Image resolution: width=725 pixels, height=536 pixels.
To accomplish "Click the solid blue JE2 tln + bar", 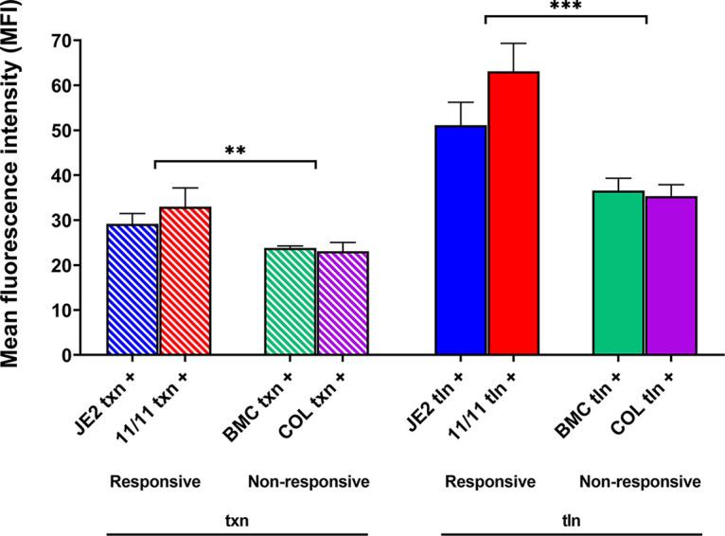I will [x=460, y=241].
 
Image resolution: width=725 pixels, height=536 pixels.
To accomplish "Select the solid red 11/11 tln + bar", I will [x=512, y=214].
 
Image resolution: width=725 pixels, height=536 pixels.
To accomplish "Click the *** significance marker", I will [x=564, y=8].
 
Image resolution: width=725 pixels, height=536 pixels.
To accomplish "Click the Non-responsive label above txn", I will [x=308, y=482].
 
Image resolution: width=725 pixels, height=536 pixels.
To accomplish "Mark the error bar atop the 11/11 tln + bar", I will [x=512, y=56].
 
